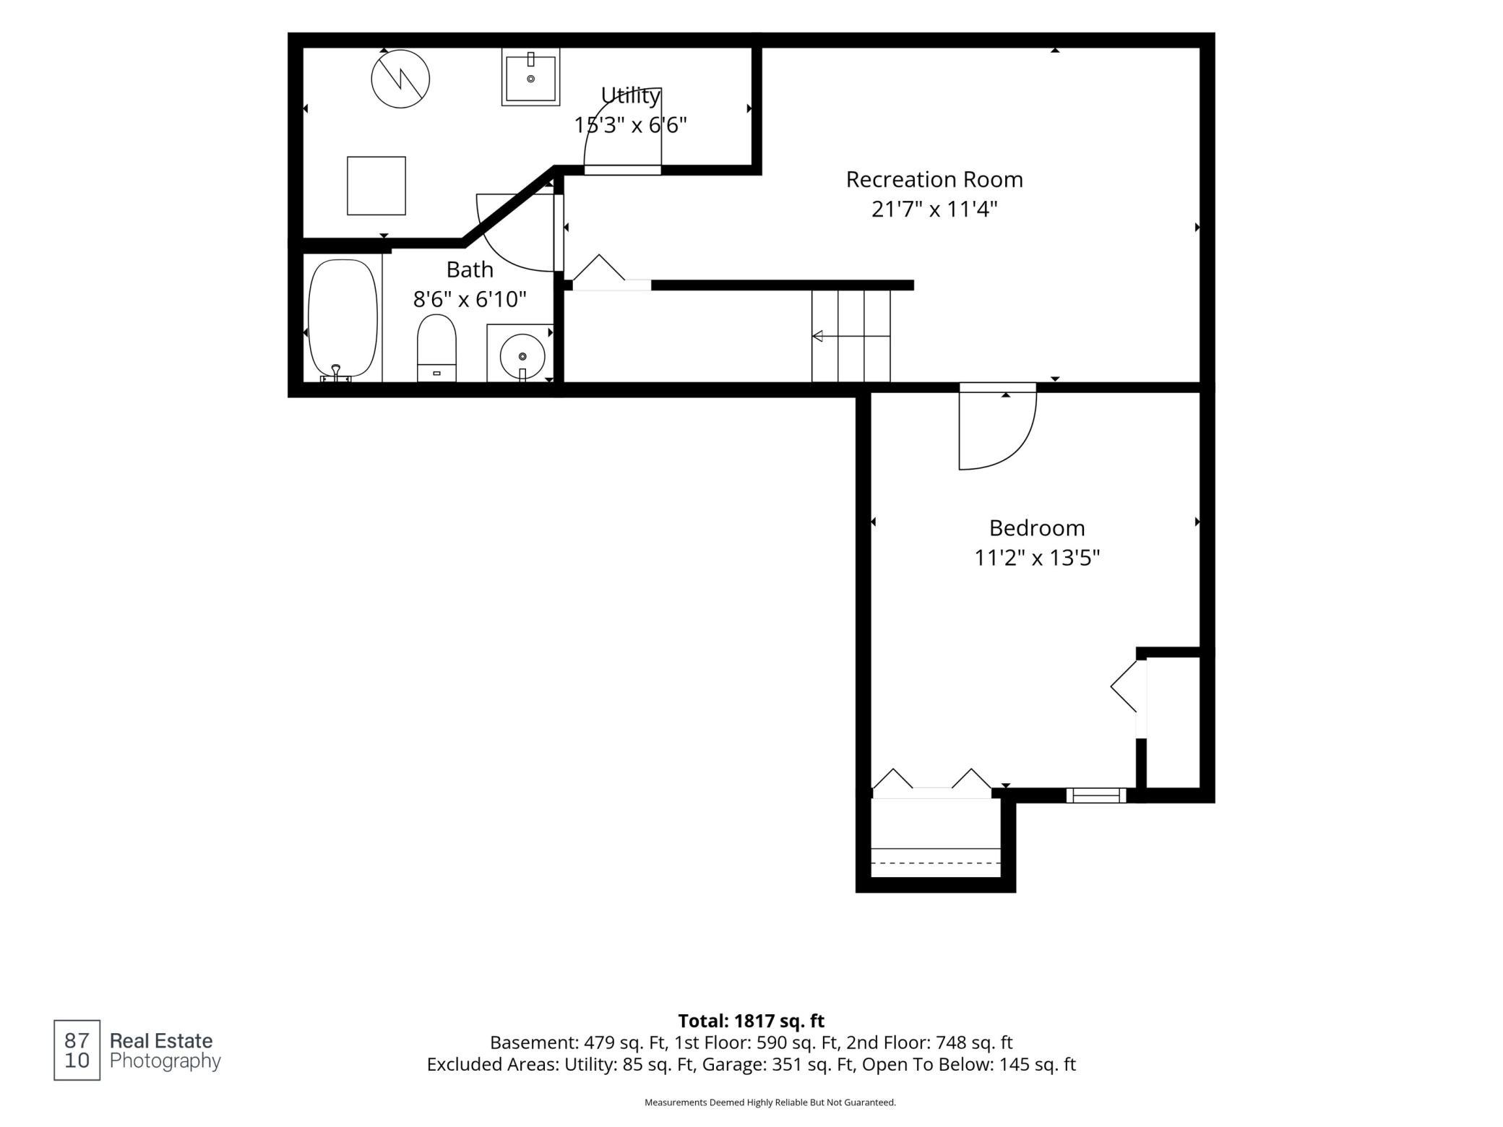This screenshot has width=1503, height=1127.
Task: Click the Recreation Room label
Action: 934,179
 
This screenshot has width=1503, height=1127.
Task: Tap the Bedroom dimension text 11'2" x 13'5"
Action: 1037,558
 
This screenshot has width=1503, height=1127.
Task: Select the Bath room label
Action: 470,269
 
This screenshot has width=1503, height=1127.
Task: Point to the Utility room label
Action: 631,95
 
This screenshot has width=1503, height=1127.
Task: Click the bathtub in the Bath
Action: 343,319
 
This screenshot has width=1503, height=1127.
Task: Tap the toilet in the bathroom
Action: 436,347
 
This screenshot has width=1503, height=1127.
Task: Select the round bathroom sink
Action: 522,356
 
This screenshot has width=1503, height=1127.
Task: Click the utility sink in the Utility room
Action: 530,77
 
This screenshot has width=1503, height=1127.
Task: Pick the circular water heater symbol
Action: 400,79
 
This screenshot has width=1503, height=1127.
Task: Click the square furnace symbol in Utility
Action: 376,186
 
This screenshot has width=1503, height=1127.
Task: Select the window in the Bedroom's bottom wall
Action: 1096,795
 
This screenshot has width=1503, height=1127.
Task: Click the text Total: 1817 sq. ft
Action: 751,1021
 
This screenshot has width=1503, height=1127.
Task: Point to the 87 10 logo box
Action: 77,1050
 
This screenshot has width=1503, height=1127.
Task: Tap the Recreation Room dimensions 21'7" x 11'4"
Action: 934,210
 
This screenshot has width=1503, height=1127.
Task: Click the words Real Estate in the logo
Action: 161,1041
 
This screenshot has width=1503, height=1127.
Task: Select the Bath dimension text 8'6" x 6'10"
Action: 470,299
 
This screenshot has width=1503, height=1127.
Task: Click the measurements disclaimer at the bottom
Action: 770,1102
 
